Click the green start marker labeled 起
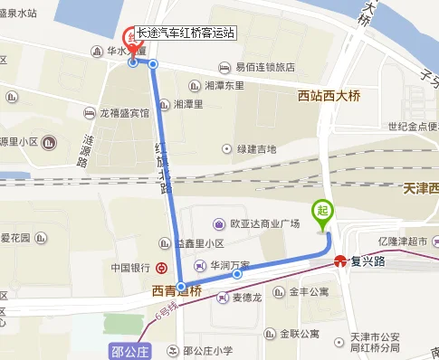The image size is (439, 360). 323,212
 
